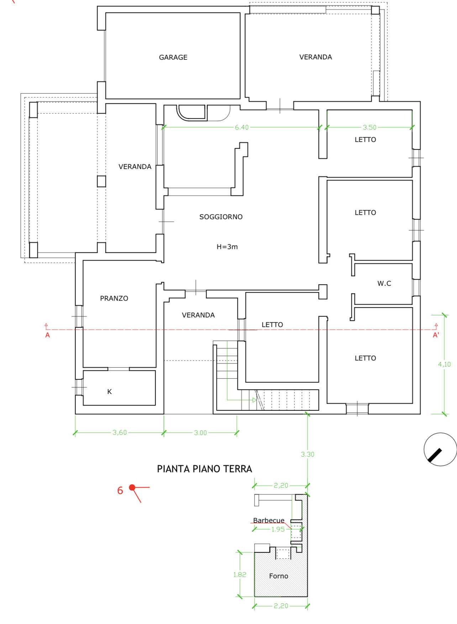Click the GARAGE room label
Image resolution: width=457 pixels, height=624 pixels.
pyautogui.click(x=173, y=57)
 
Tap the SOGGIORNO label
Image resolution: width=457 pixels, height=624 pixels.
pyautogui.click(x=221, y=217)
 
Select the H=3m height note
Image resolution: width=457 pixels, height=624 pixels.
pyautogui.click(x=227, y=247)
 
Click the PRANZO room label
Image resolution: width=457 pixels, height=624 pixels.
pyautogui.click(x=114, y=298)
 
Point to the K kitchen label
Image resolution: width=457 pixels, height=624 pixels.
pyautogui.click(x=110, y=392)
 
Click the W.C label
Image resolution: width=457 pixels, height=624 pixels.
pyautogui.click(x=384, y=283)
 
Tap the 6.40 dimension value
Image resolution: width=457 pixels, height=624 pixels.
pyautogui.click(x=242, y=127)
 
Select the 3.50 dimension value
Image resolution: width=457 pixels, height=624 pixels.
pyautogui.click(x=369, y=127)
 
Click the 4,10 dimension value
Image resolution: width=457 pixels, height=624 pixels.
pyautogui.click(x=444, y=364)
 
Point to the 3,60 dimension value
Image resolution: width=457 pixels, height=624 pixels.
pyautogui.click(x=120, y=433)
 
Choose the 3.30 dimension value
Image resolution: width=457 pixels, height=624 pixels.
pyautogui.click(x=308, y=455)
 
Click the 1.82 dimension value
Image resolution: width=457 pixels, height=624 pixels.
pyautogui.click(x=240, y=575)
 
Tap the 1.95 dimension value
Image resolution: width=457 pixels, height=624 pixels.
pyautogui.click(x=278, y=529)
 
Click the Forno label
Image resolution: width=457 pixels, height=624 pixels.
pyautogui.click(x=279, y=576)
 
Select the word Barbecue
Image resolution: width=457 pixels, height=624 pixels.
pyautogui.click(x=269, y=520)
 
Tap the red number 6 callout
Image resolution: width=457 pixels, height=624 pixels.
pyautogui.click(x=120, y=490)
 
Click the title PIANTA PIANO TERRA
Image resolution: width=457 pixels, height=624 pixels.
pyautogui.click(x=205, y=469)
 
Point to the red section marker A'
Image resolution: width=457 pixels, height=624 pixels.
pyautogui.click(x=436, y=335)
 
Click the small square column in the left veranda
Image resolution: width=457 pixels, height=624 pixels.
pyautogui.click(x=101, y=181)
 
